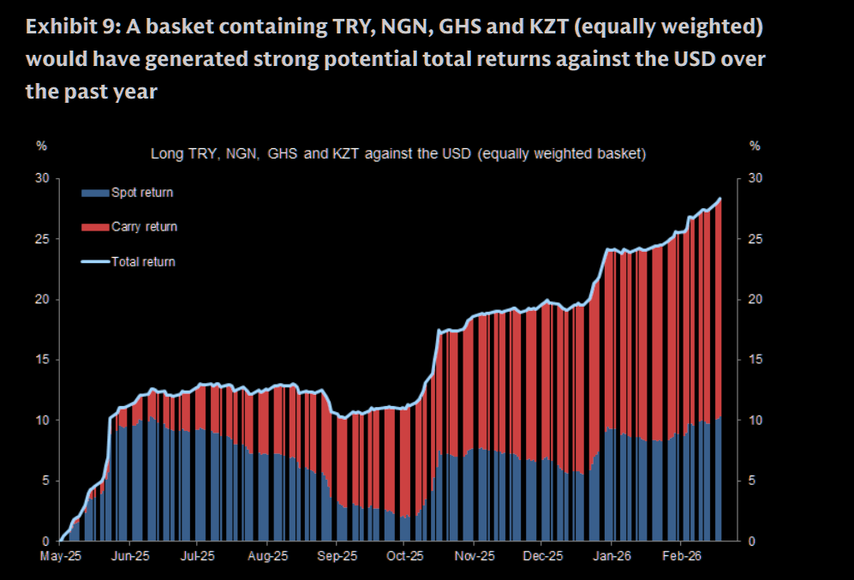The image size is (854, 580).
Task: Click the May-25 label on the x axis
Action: [x=61, y=555]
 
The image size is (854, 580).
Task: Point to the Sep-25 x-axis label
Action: [x=337, y=555]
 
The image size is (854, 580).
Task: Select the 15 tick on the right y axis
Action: [x=755, y=360]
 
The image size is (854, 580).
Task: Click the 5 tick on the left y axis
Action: [x=45, y=481]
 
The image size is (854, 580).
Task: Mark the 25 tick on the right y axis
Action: [x=755, y=238]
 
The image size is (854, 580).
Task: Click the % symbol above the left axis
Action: [x=41, y=146]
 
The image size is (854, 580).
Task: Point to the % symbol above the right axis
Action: [x=755, y=146]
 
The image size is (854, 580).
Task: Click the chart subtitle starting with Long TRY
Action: [x=397, y=155]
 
